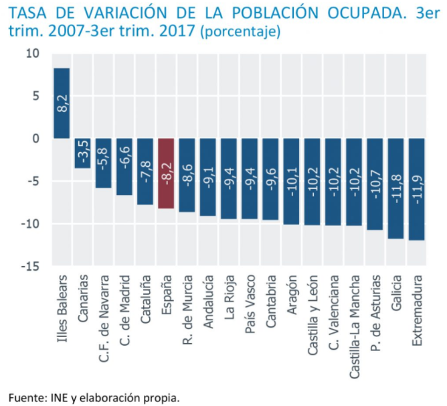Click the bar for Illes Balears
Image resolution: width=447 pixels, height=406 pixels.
62,103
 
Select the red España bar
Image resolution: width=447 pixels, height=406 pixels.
166,173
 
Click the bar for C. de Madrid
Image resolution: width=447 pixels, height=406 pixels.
124,166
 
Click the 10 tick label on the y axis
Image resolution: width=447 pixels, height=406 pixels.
33,54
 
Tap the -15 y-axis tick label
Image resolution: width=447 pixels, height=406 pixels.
31,266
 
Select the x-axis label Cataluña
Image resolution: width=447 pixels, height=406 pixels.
146,299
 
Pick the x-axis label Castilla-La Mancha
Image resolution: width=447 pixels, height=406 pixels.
355,315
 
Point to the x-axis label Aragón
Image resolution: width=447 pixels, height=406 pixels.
292,295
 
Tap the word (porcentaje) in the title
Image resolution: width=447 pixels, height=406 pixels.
242,31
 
